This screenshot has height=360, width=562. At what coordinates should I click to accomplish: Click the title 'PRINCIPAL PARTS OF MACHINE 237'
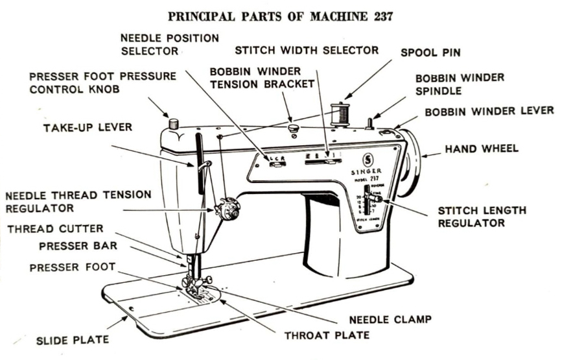(280, 16)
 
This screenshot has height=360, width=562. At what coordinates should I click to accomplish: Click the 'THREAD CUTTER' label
(55, 228)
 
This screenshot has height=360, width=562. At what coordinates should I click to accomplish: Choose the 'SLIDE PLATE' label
(71, 339)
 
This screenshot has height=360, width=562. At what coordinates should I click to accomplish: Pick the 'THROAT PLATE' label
(327, 335)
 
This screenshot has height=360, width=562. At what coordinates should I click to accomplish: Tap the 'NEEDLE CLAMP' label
(390, 319)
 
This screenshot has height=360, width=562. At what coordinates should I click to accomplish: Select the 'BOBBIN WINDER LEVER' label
(489, 111)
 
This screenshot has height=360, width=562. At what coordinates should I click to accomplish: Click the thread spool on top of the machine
(339, 113)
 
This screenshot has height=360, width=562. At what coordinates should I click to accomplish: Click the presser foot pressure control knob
(173, 123)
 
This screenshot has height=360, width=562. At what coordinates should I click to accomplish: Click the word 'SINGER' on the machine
(366, 172)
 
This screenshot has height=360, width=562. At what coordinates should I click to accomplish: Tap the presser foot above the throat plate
(197, 285)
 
